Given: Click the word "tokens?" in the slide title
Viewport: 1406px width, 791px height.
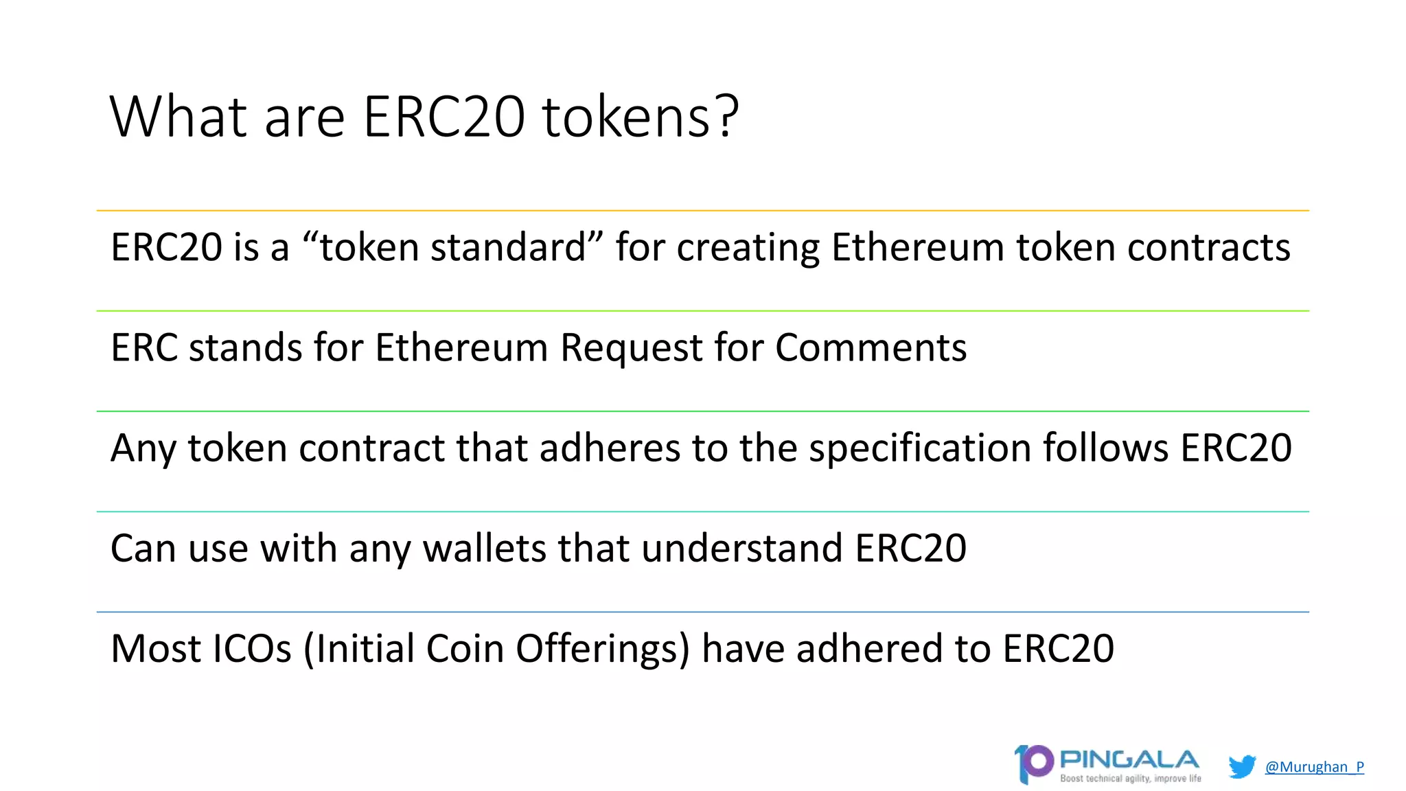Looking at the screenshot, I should click(x=641, y=117).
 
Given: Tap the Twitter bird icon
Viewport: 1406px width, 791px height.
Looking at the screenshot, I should click(x=1242, y=766).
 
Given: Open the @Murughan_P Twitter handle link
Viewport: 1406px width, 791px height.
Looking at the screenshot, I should click(x=1314, y=767).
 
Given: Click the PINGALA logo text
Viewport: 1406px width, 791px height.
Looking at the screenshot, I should click(x=1129, y=760).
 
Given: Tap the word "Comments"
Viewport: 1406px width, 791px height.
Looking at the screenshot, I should click(x=871, y=347).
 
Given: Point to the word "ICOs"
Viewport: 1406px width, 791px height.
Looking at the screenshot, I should click(x=252, y=649).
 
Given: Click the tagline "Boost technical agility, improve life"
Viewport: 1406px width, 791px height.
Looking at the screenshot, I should click(x=1131, y=779).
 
